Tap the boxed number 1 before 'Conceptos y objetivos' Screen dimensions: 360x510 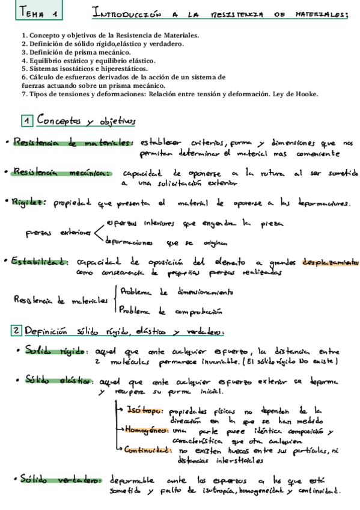click(26, 121)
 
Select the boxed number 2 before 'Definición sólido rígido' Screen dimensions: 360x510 click(17, 330)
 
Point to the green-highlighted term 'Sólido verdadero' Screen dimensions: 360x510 click(59, 480)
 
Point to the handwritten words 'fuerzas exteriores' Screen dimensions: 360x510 click(58, 232)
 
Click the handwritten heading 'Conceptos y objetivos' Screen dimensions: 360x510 click(86, 121)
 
